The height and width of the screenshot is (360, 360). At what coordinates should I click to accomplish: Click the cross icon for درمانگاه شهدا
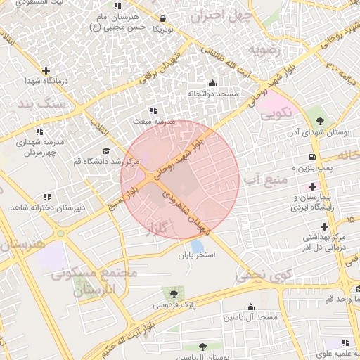(46, 70)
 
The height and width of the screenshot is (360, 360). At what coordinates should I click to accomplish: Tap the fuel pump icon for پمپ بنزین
(311, 157)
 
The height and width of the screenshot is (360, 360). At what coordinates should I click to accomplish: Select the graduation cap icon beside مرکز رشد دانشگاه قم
(106, 150)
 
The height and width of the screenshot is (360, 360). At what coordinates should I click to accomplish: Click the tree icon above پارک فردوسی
(173, 293)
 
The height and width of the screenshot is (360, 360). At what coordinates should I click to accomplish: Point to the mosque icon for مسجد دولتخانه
(212, 83)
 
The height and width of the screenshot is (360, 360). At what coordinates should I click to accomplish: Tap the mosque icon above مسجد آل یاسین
(251, 307)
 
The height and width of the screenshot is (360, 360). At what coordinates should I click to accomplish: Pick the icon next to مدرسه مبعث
(153, 110)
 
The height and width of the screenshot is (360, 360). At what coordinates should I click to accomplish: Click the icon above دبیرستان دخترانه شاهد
(47, 197)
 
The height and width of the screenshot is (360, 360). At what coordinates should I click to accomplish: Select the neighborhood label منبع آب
(266, 180)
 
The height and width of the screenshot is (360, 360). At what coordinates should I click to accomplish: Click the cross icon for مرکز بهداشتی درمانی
(324, 226)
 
